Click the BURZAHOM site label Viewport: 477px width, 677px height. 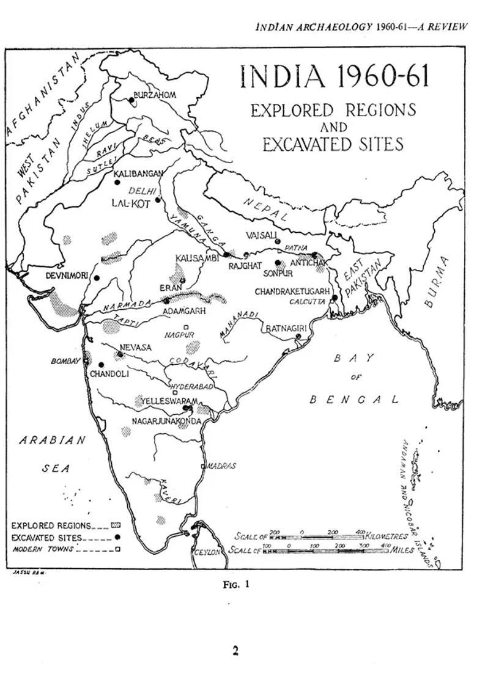pos(155,95)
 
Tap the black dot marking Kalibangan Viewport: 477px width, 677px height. pos(117,181)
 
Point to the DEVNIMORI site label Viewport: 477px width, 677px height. pos(68,276)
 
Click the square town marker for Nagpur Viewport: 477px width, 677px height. pos(186,327)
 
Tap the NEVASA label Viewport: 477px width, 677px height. pos(135,346)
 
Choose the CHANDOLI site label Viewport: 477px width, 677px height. pos(109,373)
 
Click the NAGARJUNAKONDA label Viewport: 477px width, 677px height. pos(166,420)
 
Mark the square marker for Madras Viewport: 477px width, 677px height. pos(204,466)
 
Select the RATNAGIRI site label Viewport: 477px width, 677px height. pos(286,328)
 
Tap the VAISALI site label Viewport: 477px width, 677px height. pos(261,235)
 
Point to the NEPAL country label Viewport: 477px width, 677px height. pos(265,210)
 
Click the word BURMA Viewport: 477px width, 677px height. pos(437,280)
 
